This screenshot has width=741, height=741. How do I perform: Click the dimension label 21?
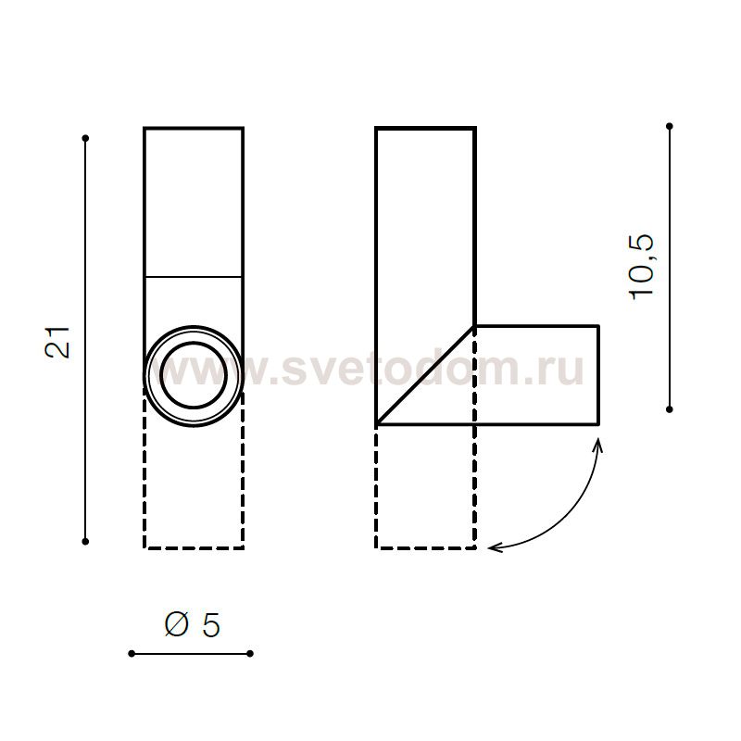pos(57,342)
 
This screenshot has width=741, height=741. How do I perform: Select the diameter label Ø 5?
pos(193,624)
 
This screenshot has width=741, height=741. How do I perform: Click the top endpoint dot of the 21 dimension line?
pos(85,138)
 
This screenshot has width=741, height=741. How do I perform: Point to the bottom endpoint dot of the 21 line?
pos(85,541)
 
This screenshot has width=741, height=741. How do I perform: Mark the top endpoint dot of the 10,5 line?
pos(669,126)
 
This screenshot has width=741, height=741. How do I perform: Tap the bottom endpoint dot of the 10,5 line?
pos(669,409)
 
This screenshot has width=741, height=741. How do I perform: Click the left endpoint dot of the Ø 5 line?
pos(132,654)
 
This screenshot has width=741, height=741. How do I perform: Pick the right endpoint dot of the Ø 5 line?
pos(250,654)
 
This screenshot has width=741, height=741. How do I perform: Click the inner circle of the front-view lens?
pos(194,343)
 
